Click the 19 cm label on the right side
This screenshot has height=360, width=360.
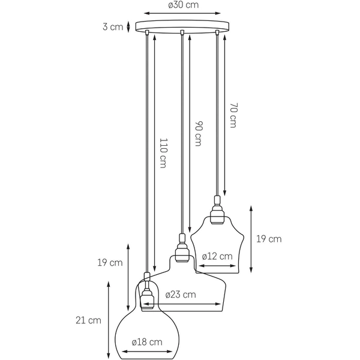click(269, 239)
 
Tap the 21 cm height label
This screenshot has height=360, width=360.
click(89, 320)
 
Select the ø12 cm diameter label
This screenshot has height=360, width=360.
click(217, 256)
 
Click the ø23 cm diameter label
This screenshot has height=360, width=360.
click(181, 294)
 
